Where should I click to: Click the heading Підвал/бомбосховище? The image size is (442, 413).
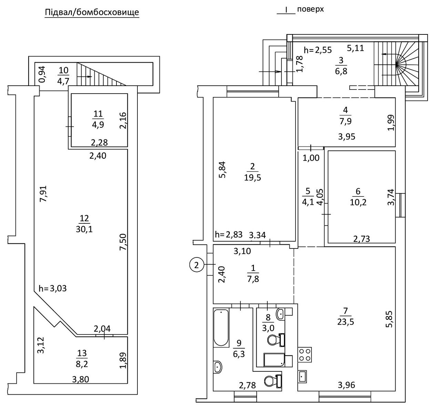[x=92, y=13]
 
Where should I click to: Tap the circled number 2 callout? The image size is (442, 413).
[x=196, y=265]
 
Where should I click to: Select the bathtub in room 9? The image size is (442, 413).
[x=221, y=328]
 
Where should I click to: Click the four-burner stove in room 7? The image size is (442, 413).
[x=304, y=354]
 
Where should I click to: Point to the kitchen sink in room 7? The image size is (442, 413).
[x=303, y=377]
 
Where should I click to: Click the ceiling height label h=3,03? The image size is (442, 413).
[x=53, y=288]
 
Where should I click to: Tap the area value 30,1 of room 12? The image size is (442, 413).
[x=84, y=229]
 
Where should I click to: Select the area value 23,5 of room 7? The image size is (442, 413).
[x=346, y=322]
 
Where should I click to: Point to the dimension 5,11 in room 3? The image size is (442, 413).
[x=355, y=48]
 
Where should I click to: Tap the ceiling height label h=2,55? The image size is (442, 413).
[x=318, y=50]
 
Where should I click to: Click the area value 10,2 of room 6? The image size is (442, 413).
[x=358, y=202]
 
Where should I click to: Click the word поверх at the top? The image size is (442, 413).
[x=310, y=9]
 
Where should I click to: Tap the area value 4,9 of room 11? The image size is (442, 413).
[x=98, y=125]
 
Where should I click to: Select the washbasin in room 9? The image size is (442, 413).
[x=218, y=367]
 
